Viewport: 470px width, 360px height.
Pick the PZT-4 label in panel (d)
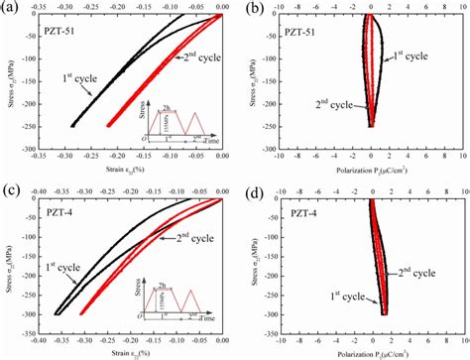pos(295,215)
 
